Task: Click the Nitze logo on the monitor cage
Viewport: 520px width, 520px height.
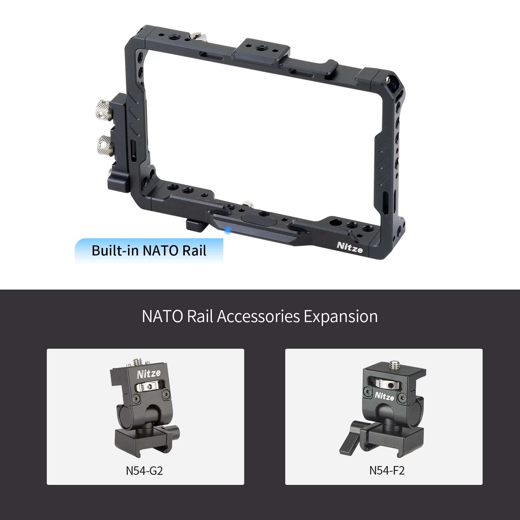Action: coord(350,247)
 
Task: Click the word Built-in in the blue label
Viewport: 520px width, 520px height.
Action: coord(115,251)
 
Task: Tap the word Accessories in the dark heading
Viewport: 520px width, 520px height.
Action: coord(258,316)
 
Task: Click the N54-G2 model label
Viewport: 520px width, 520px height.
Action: coord(144,470)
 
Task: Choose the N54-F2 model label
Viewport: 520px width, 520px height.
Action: coord(387,470)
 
